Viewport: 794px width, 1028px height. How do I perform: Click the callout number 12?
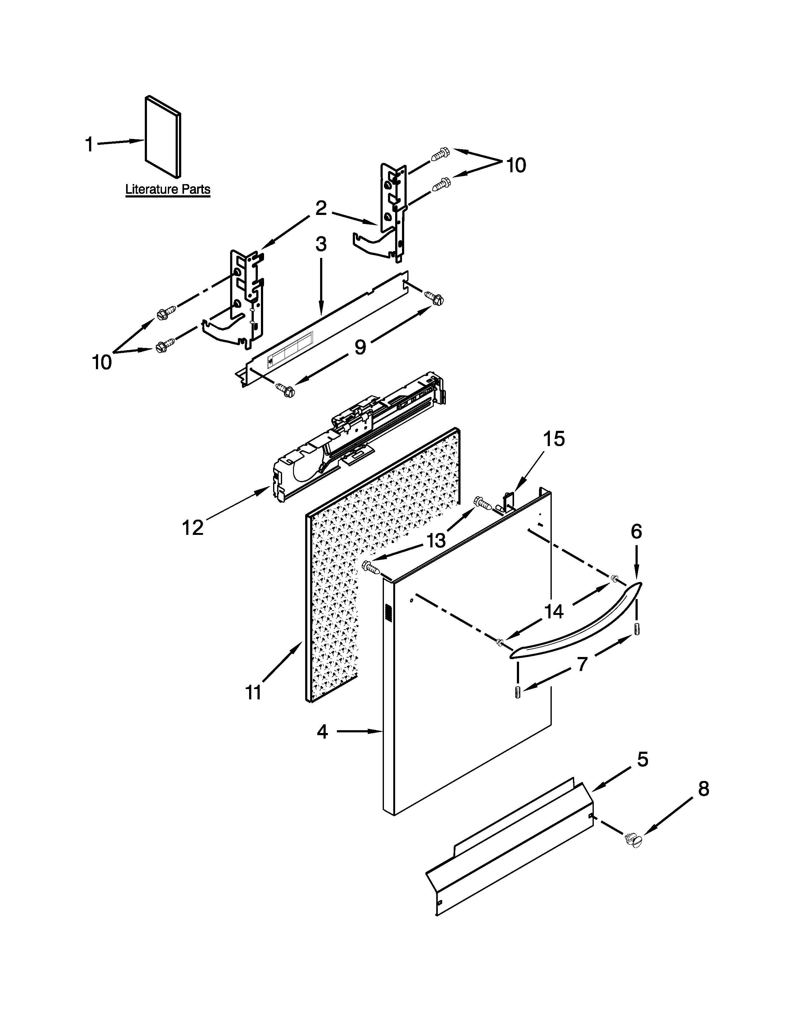click(x=193, y=528)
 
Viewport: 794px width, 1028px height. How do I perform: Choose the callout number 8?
click(x=703, y=788)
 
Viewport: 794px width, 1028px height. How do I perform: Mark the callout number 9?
click(x=360, y=347)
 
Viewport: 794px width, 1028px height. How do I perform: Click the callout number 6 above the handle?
click(x=636, y=531)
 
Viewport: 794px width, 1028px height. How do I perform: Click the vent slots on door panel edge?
click(x=388, y=613)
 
